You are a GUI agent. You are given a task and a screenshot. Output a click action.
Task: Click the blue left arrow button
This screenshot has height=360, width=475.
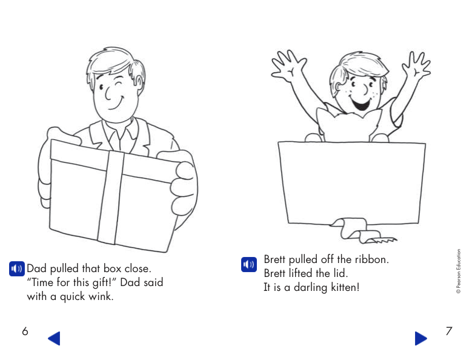pos(54,338)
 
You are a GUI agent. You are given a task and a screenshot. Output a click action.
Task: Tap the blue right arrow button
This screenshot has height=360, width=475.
pos(420,338)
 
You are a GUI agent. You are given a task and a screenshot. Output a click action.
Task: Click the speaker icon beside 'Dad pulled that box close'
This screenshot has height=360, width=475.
pos(16,268)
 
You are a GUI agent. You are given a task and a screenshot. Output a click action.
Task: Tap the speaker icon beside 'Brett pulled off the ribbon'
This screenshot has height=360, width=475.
pos(248,264)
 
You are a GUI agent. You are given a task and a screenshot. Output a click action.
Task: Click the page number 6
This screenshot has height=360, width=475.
pos(24,332)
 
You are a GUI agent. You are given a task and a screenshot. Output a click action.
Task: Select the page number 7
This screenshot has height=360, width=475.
pos(448,332)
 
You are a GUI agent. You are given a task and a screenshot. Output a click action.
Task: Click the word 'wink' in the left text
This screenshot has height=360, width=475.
pos(101,296)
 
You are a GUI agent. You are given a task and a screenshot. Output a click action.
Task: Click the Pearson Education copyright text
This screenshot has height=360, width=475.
pos(459,272)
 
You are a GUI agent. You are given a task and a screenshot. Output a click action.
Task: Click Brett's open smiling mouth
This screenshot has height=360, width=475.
pos(362,105)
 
